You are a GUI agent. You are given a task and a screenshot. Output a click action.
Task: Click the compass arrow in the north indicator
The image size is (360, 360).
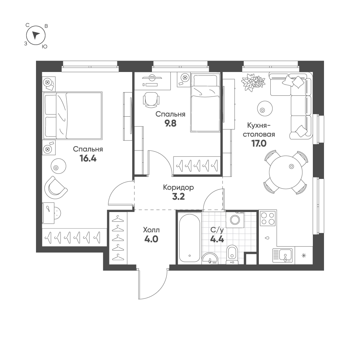(36, 35)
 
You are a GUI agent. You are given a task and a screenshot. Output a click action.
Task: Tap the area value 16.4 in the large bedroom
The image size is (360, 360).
(88, 158)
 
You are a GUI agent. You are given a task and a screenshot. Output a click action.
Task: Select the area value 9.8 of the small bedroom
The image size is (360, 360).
(170, 123)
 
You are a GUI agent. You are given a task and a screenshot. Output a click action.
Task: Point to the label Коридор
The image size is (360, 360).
(179, 188)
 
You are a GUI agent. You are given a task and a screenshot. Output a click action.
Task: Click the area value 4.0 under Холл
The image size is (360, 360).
(151, 239)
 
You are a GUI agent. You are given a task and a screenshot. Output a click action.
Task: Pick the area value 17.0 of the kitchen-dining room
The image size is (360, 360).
(259, 144)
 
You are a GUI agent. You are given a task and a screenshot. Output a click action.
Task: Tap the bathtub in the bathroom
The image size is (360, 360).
(189, 238)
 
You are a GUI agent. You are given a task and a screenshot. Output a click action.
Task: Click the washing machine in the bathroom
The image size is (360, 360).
(235, 220)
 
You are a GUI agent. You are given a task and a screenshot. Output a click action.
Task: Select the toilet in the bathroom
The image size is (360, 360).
(232, 255)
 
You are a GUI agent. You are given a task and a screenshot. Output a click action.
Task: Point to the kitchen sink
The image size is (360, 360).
(283, 256)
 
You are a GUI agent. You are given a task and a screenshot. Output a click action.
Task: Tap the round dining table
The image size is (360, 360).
(285, 172)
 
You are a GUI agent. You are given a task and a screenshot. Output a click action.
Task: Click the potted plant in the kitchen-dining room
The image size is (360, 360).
(253, 82)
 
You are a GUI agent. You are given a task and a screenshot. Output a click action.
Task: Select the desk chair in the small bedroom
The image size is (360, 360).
(151, 100)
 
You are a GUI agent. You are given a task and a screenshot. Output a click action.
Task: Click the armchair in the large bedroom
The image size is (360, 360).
(55, 188)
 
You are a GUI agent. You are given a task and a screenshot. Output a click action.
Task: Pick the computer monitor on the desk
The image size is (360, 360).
(152, 78)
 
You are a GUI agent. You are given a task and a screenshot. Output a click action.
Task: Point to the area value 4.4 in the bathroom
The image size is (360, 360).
(217, 239)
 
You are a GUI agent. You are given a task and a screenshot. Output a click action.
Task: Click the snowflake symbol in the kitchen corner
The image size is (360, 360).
(304, 255)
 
